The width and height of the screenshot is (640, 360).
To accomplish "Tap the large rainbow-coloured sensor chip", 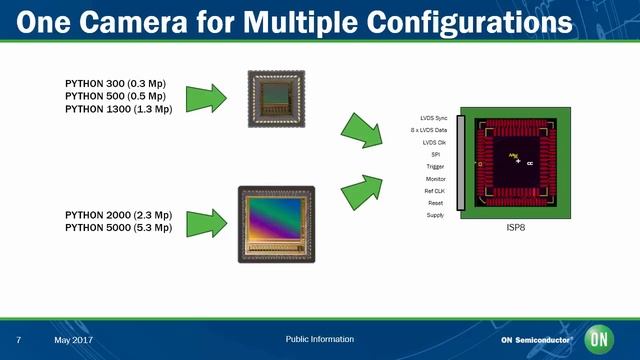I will pos(276,224).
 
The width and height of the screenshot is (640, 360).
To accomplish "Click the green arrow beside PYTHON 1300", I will pos(212,95).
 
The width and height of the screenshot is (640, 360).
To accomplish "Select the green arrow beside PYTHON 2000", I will pos(212,221).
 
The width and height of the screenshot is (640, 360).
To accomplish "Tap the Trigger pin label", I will pos(435,167).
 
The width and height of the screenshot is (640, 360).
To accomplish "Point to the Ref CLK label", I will pos(433,191).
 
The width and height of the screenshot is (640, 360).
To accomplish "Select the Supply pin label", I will pos(435,215).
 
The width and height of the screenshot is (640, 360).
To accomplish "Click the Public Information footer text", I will pos(319,339).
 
